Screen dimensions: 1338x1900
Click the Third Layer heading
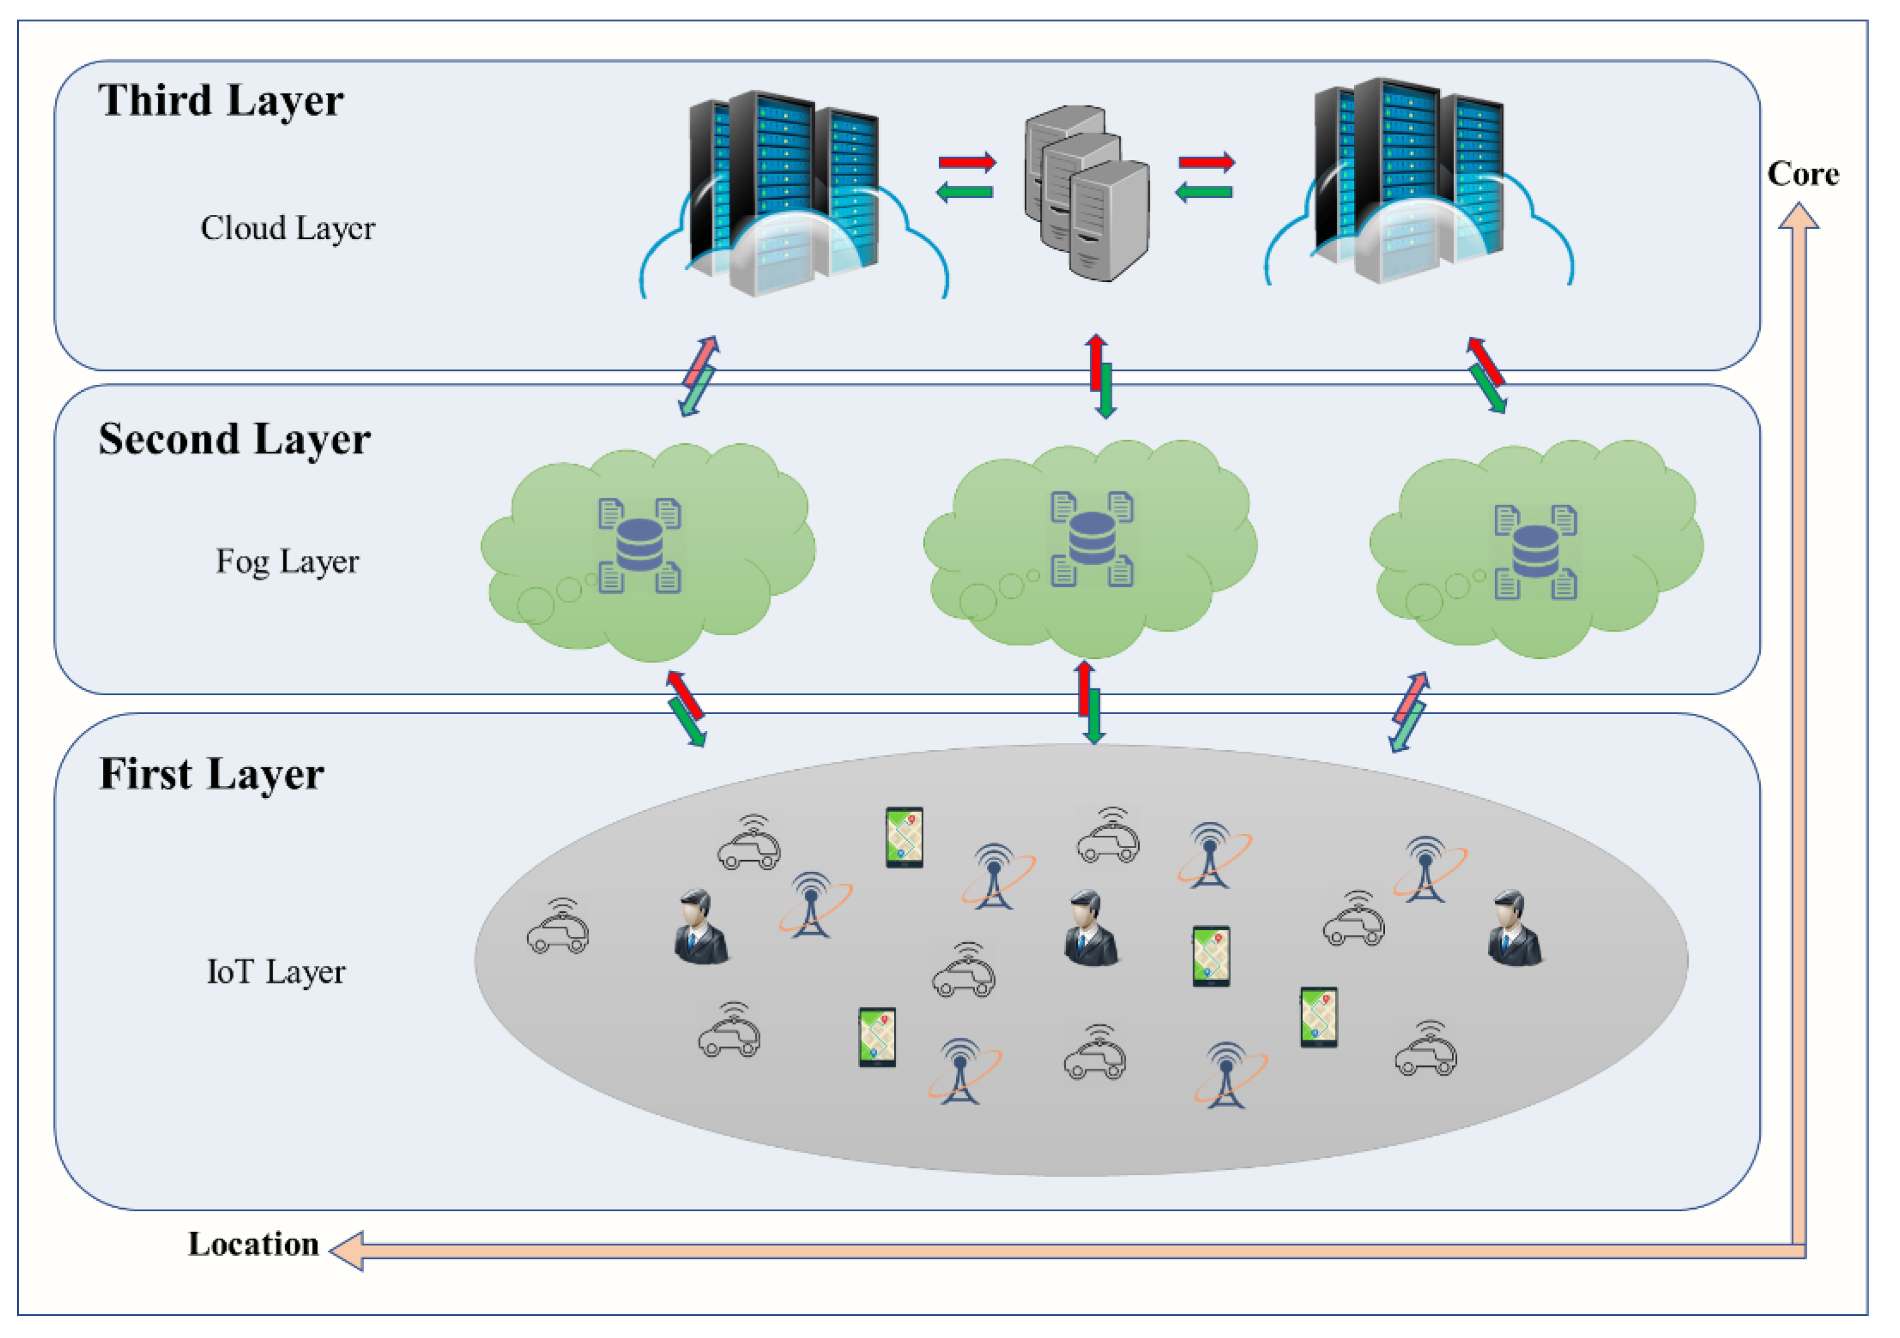221,101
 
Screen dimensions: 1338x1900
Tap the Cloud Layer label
287,228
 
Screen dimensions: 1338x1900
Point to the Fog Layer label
287,562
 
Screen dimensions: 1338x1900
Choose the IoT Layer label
276,971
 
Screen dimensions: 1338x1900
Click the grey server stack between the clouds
1087,194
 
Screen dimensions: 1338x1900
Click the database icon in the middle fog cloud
1092,539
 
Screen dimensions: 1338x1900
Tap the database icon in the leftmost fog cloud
640,545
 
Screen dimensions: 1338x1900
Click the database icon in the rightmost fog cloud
1535,552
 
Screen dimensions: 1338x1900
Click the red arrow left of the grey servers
967,162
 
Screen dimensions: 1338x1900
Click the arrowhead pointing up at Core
1798,218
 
